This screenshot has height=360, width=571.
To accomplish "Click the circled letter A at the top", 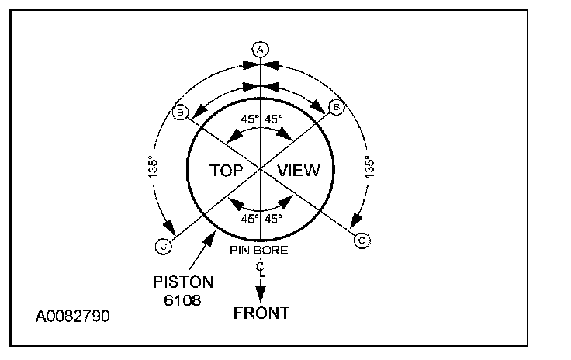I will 261,49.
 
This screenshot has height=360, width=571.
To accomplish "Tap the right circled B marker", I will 336,107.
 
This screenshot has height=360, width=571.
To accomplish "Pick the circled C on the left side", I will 164,247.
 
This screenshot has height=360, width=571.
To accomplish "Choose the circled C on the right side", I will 362,241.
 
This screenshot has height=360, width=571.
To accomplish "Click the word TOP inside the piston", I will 228,169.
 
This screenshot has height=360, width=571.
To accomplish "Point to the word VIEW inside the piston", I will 298,169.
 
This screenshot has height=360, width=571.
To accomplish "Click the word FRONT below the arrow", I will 261,313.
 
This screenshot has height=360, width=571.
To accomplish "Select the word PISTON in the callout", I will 184,282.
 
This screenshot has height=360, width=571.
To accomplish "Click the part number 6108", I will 183,299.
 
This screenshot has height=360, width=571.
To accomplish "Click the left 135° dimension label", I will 153,170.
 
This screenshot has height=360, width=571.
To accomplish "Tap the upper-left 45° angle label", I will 248,120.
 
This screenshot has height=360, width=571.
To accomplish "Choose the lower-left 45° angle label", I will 248,219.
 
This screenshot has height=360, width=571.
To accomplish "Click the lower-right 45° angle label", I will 273,219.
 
